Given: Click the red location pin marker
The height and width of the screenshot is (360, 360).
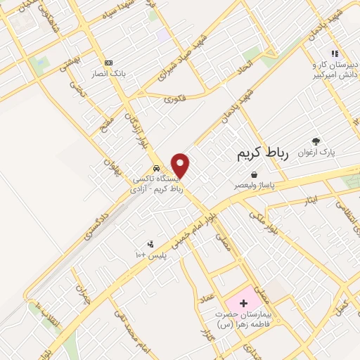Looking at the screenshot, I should (181, 165).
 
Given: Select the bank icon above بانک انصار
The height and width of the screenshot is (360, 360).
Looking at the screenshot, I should (108, 62).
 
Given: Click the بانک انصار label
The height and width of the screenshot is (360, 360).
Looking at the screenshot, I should (108, 72).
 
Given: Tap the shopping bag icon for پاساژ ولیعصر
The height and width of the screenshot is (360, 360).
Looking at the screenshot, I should (253, 175).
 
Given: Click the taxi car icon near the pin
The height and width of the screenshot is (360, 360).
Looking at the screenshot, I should (156, 168).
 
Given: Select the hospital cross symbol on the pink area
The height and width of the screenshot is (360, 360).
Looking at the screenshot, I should (243, 304).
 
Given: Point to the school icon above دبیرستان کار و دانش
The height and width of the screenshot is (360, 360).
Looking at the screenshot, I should (335, 53).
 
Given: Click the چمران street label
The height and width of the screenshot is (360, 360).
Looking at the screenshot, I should (85, 294).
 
